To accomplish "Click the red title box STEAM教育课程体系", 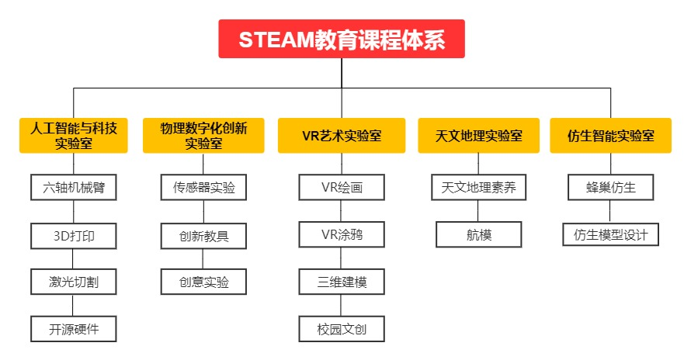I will click(342, 39).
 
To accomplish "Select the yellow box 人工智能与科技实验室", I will click(74, 136).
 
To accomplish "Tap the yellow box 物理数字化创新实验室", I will click(203, 136).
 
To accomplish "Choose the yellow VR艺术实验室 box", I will click(342, 136).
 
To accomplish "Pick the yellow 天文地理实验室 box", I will click(479, 136).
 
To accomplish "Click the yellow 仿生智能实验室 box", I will click(610, 136).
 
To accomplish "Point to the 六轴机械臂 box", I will click(74, 188).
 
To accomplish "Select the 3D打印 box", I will click(74, 235).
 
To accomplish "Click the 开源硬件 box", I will click(74, 329).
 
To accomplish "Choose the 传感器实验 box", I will click(203, 188).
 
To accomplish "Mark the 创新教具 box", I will click(203, 235).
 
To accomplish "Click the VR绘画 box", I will click(342, 188).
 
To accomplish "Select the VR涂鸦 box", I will click(342, 235).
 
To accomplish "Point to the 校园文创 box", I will click(342, 329).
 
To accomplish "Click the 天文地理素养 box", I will click(479, 188).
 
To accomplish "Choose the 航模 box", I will click(479, 235).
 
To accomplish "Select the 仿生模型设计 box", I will click(610, 235).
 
